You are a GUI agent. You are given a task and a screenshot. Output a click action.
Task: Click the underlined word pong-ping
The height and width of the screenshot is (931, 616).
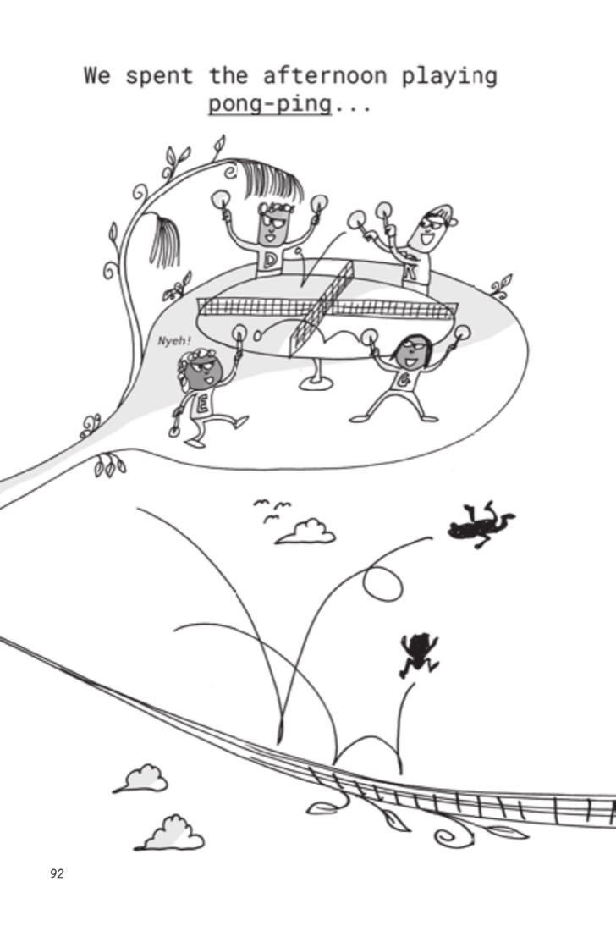pyautogui.click(x=269, y=104)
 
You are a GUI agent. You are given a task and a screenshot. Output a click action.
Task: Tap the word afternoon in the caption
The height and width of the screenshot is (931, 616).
pyautogui.click(x=325, y=75)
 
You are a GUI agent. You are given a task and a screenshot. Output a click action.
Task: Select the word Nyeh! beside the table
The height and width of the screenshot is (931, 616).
pyautogui.click(x=174, y=341)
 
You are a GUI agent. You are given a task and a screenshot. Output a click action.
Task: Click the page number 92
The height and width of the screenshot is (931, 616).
pyautogui.click(x=57, y=873)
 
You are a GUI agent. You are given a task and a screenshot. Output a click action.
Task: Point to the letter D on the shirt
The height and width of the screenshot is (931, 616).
pyautogui.click(x=271, y=260)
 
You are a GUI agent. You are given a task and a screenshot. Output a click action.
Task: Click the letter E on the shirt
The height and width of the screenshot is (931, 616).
pyautogui.click(x=202, y=405)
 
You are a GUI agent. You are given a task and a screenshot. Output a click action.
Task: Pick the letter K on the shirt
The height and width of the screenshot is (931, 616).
pyautogui.click(x=410, y=273)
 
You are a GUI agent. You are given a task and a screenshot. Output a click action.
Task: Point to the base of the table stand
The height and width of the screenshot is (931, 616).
pyautogui.click(x=315, y=383)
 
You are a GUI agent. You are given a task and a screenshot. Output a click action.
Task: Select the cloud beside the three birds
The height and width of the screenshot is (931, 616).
pyautogui.click(x=306, y=532)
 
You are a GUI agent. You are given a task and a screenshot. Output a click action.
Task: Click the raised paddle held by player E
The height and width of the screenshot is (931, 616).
pyautogui.click(x=239, y=332)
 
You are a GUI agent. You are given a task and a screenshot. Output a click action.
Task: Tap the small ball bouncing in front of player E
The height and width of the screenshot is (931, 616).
pyautogui.click(x=257, y=336)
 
